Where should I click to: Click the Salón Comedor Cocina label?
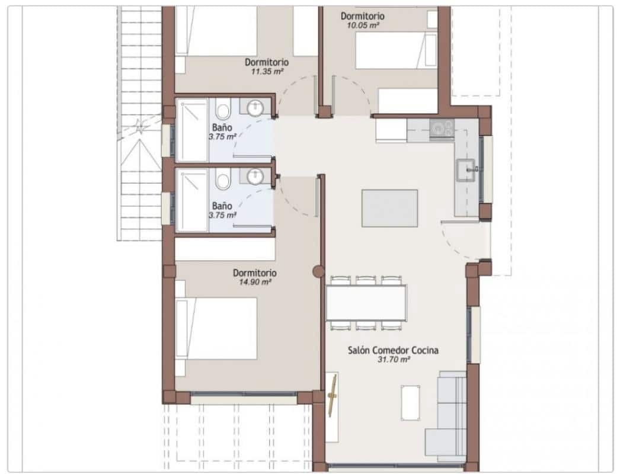click(x=393, y=350)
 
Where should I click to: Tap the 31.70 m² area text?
click(x=393, y=359)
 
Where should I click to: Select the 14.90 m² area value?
click(x=254, y=282)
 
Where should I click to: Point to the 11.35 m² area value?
click(x=266, y=71)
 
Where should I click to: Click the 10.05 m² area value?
click(x=362, y=25)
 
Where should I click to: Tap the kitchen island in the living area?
click(x=389, y=208)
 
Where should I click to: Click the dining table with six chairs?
click(x=366, y=303)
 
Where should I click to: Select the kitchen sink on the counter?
click(x=466, y=170)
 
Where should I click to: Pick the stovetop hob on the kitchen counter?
click(x=442, y=127)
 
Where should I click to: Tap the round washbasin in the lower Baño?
click(x=255, y=177)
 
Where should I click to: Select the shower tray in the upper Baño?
click(x=191, y=130)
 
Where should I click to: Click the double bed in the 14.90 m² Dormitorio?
click(x=217, y=328)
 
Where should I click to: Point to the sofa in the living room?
click(x=450, y=415)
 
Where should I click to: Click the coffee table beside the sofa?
click(x=410, y=402)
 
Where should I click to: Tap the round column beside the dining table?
click(x=318, y=272)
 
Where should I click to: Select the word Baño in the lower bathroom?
click(x=222, y=206)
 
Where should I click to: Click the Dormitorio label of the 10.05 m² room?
click(x=363, y=16)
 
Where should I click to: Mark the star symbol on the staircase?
click(x=140, y=126)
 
